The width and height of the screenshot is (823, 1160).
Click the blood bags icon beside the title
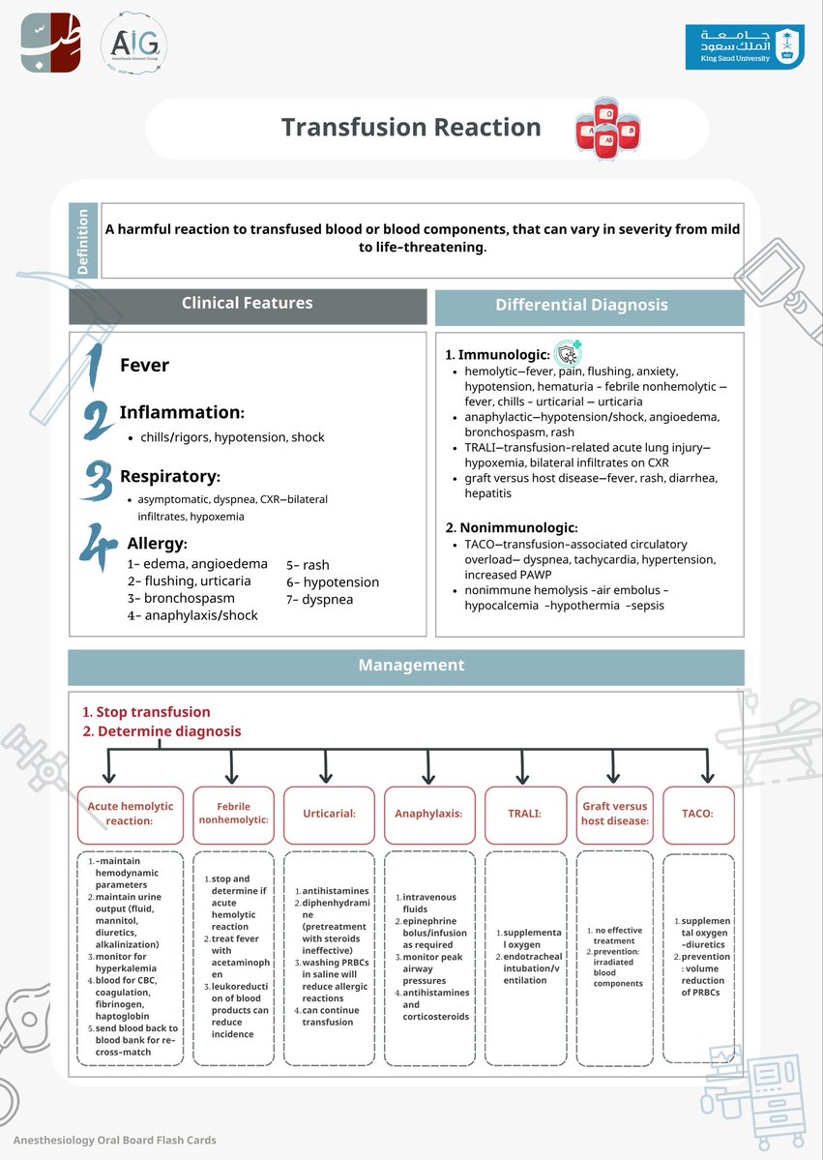(608, 129)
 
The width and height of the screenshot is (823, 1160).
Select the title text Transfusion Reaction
(411, 128)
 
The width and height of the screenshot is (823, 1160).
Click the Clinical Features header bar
(248, 304)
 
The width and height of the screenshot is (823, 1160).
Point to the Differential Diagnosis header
(590, 306)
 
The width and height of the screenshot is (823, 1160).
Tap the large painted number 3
(97, 480)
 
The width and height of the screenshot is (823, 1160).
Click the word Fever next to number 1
(144, 366)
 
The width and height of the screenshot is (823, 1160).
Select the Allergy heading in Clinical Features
(158, 544)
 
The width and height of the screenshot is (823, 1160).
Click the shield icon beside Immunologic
(568, 352)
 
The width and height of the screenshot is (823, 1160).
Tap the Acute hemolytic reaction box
(131, 813)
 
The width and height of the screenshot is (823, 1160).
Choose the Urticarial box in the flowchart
(330, 813)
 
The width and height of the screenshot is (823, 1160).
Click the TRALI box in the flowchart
(525, 813)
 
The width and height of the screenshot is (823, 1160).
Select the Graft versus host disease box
(615, 813)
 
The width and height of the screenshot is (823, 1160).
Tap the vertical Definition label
(83, 241)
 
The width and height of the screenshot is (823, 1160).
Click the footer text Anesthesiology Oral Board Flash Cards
(115, 1140)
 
